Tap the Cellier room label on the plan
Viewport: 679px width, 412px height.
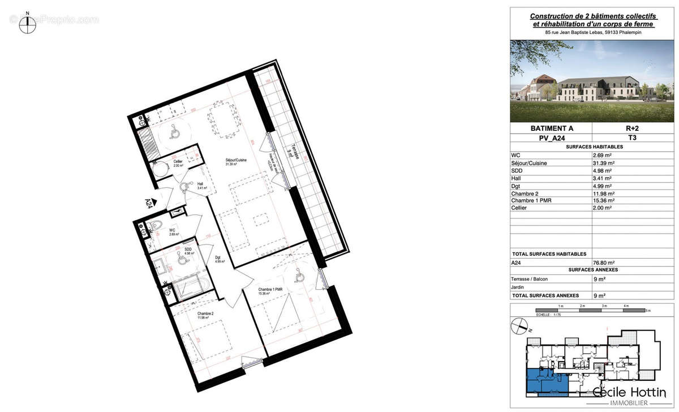[178, 164]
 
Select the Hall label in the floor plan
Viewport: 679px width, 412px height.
[201, 185]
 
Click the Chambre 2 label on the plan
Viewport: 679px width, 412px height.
[205, 315]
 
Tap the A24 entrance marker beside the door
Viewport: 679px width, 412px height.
[149, 202]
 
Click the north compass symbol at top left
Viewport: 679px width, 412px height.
[25, 23]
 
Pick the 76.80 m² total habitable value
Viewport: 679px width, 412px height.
[602, 263]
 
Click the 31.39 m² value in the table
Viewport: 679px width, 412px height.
[603, 162]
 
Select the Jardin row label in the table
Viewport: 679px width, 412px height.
[519, 287]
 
